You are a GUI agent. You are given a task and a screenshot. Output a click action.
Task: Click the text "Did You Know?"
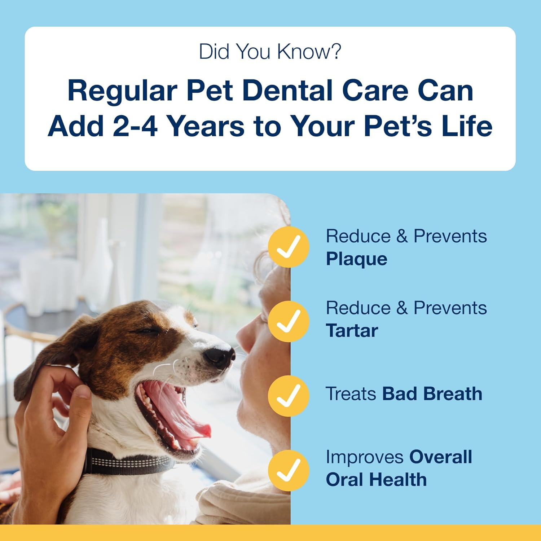(x=270, y=52)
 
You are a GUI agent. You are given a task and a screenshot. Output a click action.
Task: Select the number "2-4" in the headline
(x=135, y=126)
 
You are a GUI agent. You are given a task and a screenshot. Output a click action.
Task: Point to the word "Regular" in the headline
(x=122, y=91)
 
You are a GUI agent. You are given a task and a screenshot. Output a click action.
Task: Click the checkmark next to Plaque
(x=289, y=247)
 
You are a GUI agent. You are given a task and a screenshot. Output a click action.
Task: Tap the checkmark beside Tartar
(x=289, y=321)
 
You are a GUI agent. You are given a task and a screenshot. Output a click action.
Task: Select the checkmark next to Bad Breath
(x=289, y=396)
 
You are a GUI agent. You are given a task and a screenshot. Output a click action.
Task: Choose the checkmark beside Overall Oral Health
(x=289, y=470)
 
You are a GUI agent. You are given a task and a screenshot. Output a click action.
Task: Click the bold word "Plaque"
(x=356, y=259)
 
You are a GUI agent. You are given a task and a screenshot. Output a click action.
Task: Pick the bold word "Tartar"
(x=352, y=330)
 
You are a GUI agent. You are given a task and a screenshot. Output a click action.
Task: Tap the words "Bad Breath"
(x=432, y=393)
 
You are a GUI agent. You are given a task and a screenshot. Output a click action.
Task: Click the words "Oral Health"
(x=376, y=480)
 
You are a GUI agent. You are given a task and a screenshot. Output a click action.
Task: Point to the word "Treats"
(x=351, y=393)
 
